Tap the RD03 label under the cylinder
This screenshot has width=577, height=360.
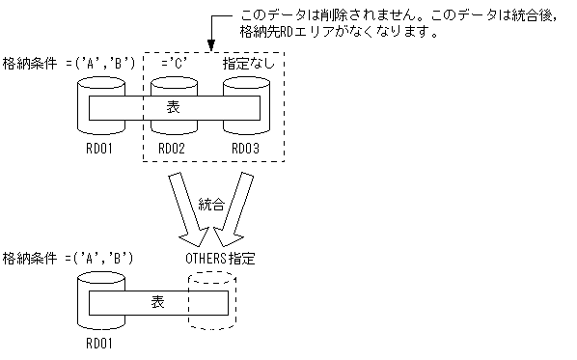(245, 148)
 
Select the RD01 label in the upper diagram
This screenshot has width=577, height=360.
(98, 148)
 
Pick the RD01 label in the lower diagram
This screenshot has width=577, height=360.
(98, 342)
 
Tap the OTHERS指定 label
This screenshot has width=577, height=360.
(220, 259)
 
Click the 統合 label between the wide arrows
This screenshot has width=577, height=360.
(211, 205)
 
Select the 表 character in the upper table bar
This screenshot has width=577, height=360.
(174, 107)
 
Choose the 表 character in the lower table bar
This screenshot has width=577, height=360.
(158, 302)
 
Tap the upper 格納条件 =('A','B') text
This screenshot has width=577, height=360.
(68, 64)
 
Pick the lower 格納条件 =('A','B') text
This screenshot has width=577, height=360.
(68, 259)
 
